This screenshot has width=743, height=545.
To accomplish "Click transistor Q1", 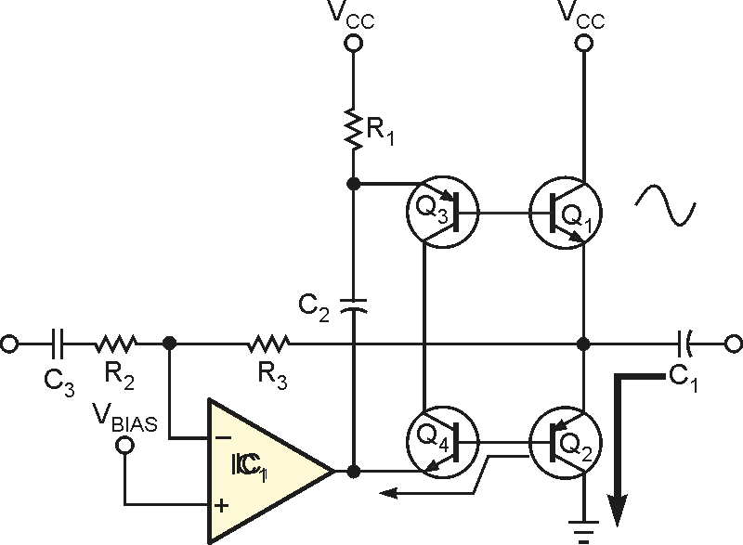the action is tap(566, 213).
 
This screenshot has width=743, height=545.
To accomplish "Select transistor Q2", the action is tap(566, 443).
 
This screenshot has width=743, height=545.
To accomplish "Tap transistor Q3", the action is tap(443, 212).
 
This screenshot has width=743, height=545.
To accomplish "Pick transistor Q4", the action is tap(443, 442).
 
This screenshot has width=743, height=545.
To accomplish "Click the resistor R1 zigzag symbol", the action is tap(353, 129).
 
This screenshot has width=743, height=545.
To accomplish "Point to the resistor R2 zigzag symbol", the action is tap(116, 344).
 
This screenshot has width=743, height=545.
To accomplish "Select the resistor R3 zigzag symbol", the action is tap(268, 344).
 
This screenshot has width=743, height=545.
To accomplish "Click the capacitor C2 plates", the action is tap(354, 305).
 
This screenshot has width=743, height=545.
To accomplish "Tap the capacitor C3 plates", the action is tap(58, 344).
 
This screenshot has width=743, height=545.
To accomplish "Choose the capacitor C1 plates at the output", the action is tap(684, 344).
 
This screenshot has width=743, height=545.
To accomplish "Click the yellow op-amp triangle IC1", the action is tap(270, 471).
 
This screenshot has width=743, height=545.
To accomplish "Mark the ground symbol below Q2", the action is tap(584, 531).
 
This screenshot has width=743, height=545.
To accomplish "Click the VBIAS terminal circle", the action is tap(124, 445).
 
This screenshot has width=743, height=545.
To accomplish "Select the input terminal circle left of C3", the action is tap(9, 344).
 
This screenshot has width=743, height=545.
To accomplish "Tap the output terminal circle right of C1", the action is tap(734, 344).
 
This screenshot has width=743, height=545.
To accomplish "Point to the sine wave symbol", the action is tap(665, 204).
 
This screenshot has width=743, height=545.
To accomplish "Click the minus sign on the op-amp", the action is tap(223, 438).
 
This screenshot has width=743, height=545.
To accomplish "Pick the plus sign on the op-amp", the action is tap(221, 506).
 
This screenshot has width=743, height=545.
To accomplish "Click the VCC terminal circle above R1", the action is tap(353, 44).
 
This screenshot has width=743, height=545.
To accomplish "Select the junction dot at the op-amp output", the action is tap(353, 471).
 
